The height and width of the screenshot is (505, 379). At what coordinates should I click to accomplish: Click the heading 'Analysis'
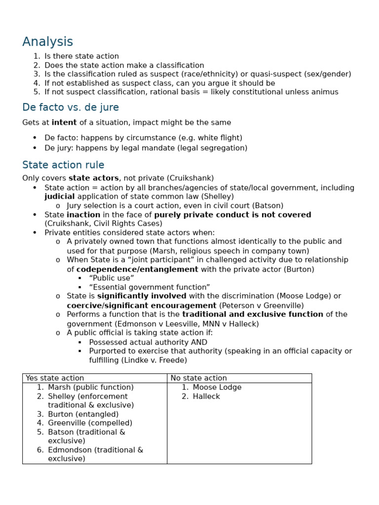pos(47,42)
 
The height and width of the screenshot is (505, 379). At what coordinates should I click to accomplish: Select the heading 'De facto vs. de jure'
pos(70,108)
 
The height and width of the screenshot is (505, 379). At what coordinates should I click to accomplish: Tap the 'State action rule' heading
pos(63,165)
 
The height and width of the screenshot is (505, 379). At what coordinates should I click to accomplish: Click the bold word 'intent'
pos(64,123)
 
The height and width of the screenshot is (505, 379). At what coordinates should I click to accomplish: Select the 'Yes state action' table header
pos(55,378)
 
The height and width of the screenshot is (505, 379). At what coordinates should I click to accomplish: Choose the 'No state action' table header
pos(198,378)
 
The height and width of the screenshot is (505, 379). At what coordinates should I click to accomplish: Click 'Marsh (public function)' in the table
pos(91,388)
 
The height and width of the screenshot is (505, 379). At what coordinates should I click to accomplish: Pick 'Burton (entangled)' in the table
pos(83,414)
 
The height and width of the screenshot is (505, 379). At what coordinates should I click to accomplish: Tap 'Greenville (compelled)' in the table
pos(90,423)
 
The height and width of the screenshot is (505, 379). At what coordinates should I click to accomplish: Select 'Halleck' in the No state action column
pos(206,397)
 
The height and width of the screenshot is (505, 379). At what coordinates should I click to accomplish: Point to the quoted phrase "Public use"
pos(112,278)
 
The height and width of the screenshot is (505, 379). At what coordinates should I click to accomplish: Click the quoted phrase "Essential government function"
pos(150,287)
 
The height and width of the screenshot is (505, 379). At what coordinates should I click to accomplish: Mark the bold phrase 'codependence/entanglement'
pos(137,269)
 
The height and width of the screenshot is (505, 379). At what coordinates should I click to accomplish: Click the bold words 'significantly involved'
pos(142,296)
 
